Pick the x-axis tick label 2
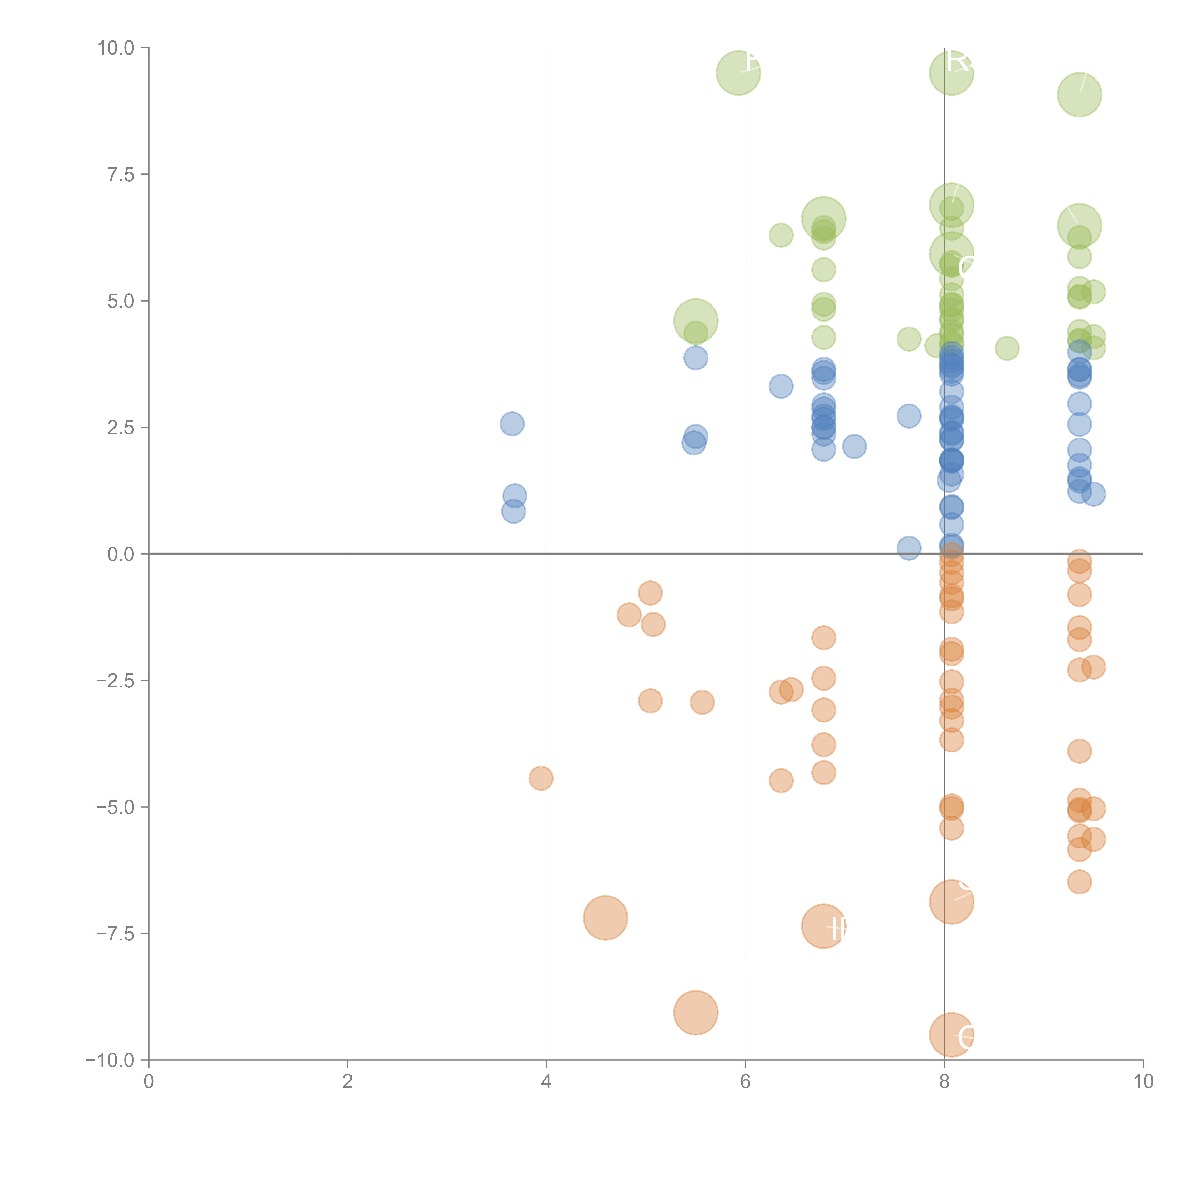pos(348,1082)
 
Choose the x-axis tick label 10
pos(1143,1082)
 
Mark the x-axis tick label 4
pos(546,1082)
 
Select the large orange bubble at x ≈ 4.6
pos(605,918)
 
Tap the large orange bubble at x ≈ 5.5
pos(695,1013)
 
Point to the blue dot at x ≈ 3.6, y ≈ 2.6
pos(512,424)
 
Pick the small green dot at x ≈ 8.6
pos(1007,348)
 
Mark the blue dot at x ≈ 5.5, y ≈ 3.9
pos(695,358)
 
